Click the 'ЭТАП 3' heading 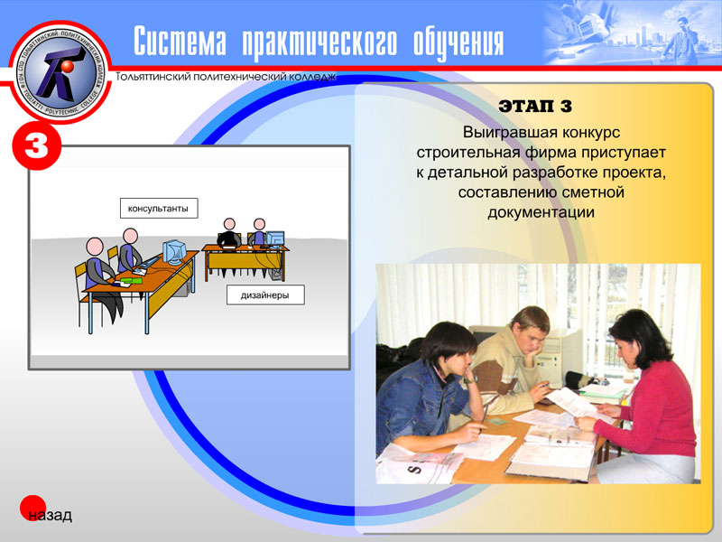point(535,107)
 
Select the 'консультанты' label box point(158,209)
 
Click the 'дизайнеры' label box point(264,294)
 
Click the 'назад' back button point(47,516)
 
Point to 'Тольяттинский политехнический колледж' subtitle point(227,77)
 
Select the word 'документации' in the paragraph point(541,212)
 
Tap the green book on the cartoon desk point(133,279)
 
